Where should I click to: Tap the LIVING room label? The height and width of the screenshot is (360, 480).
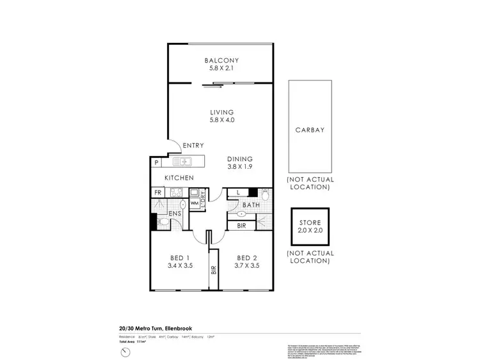[x=221, y=112]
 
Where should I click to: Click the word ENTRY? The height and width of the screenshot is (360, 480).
[x=193, y=146]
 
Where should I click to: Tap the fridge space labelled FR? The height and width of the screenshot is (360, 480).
[x=157, y=192]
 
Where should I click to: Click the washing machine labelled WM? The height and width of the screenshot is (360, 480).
[x=193, y=203]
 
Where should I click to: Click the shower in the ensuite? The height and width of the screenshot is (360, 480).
[x=159, y=205]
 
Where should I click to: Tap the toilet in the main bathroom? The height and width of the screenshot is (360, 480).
[x=244, y=212]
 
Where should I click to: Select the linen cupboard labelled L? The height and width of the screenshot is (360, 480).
[x=238, y=192]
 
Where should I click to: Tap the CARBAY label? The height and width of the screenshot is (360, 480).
[x=310, y=129]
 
